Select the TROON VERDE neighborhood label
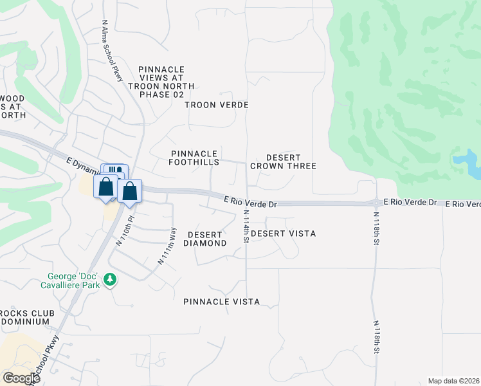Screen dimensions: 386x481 [216, 104]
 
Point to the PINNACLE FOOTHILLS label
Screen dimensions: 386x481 [194, 158]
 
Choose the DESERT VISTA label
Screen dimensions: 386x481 [283, 234]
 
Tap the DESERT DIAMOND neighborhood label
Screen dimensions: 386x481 [205, 239]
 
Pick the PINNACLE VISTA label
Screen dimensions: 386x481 [221, 302]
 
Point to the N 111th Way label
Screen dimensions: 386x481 [167, 246]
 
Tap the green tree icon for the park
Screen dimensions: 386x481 [111, 279]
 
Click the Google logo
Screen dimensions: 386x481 [22, 378]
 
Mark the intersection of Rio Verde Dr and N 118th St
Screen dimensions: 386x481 [376, 203]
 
